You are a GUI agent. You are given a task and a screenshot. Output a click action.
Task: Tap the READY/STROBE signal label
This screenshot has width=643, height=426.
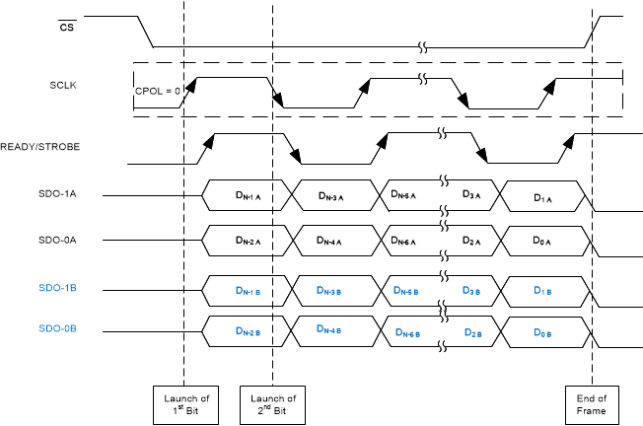click(x=40, y=146)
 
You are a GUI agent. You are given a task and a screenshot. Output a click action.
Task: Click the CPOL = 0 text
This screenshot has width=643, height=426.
click(x=158, y=91)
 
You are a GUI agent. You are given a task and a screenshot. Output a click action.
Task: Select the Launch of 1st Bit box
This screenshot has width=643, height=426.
click(x=184, y=403)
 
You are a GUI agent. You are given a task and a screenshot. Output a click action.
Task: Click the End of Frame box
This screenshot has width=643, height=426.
click(x=593, y=403)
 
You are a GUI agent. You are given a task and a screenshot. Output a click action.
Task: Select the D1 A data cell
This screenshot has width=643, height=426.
click(x=541, y=197)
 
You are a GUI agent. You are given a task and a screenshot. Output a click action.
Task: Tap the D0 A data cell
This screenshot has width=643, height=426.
click(x=541, y=240)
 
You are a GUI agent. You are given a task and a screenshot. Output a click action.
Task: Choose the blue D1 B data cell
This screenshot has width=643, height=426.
click(x=541, y=291)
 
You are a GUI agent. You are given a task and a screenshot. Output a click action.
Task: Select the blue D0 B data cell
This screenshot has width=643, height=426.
click(x=541, y=333)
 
